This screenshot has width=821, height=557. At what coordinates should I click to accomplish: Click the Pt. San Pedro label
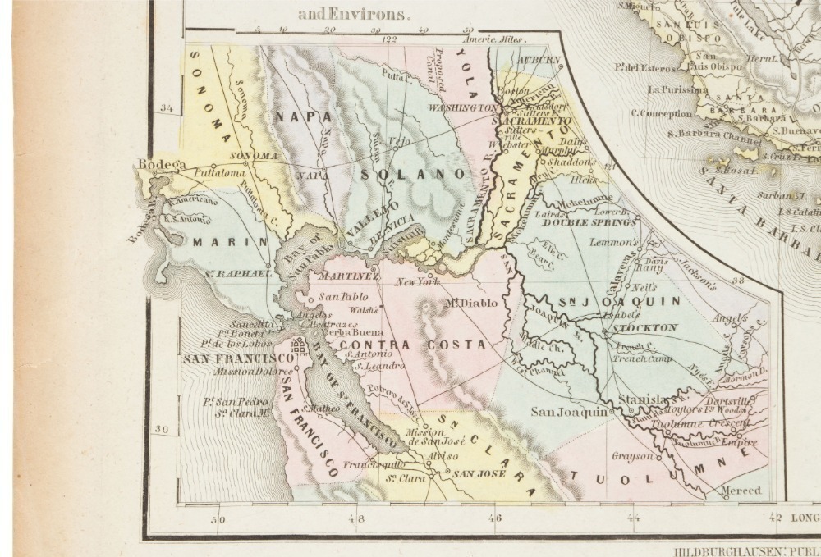coord(234,402)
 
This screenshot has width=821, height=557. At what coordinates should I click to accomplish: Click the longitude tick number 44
coord(633,518)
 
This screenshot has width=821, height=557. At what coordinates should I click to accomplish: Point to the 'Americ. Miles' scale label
coord(492,39)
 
